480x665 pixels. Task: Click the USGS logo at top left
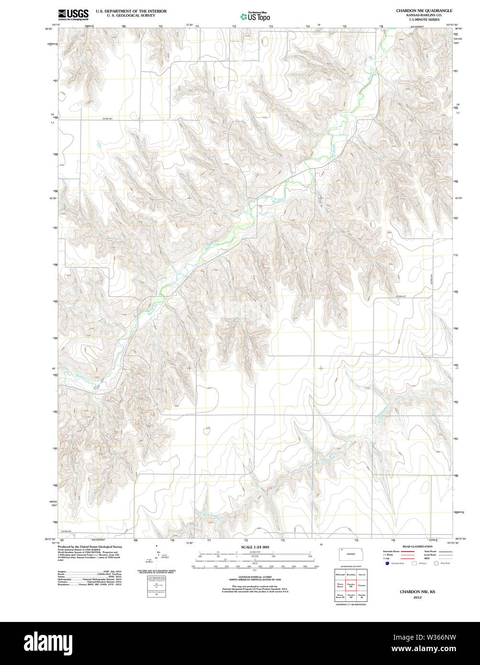tap(73, 15)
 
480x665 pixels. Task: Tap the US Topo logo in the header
tap(255, 17)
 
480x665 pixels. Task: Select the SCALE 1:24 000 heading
tap(255, 547)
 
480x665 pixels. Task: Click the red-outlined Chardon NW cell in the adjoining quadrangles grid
tap(351, 585)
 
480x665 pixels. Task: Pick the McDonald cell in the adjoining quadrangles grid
tap(340, 574)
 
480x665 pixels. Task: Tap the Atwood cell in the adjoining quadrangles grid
tap(362, 574)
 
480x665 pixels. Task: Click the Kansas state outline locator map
tap(351, 554)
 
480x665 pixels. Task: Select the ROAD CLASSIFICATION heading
tap(417, 546)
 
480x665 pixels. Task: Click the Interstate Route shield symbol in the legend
tap(387, 564)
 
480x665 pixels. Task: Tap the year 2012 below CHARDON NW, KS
tap(418, 598)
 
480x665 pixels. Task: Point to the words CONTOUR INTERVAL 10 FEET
tap(255, 578)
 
